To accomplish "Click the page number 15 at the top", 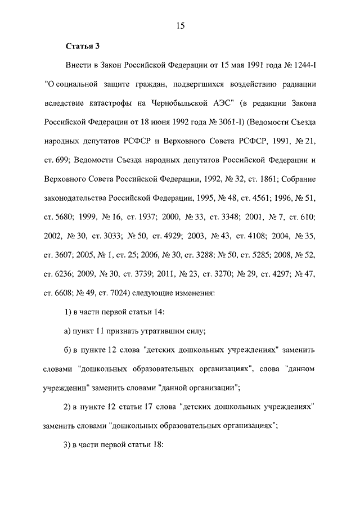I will point(180,25).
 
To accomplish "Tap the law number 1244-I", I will point(302,65).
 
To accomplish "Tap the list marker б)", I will point(69,350).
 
